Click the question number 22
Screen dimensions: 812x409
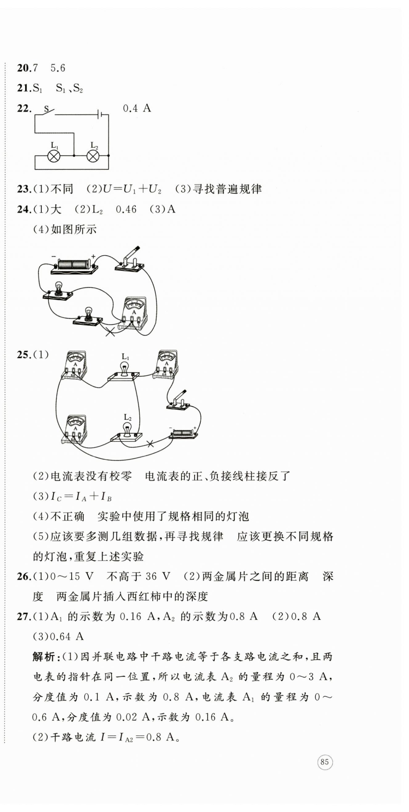coord(24,108)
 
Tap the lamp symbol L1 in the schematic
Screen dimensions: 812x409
coord(54,156)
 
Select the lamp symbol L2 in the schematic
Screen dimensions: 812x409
coord(93,156)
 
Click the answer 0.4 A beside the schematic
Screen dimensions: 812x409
coord(137,108)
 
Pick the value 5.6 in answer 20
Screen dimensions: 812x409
coord(58,68)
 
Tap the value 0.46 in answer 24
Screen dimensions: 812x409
coord(126,209)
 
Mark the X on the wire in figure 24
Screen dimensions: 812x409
coord(110,332)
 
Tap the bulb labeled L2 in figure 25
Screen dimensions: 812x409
coord(127,430)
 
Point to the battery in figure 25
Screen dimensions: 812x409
coord(183,433)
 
